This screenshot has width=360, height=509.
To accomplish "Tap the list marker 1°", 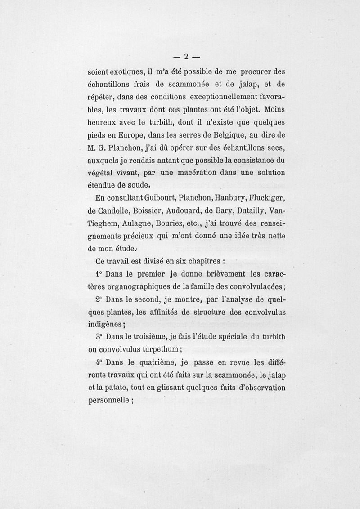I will click(99, 274).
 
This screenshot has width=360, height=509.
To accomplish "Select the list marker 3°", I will click(99, 336).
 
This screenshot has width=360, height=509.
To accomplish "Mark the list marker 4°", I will click(99, 362).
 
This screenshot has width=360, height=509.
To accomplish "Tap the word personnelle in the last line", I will click(108, 400).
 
